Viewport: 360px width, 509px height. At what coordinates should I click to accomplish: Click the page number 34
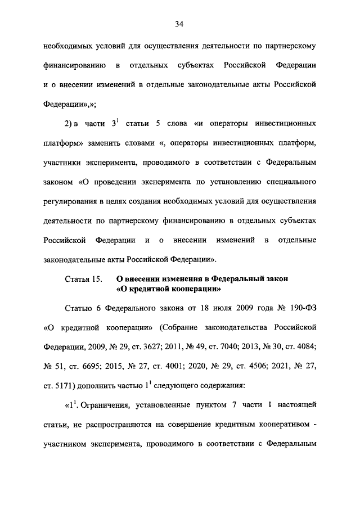click(x=179, y=24)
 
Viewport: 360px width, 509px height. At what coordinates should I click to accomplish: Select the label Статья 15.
click(x=83, y=279)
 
